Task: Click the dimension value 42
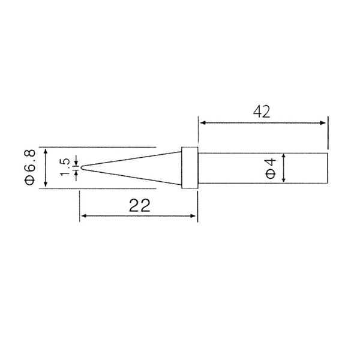coord(262,112)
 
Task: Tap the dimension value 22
coord(140,205)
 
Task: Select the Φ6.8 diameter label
coord(30,167)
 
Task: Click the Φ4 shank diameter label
coord(271,168)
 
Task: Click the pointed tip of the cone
coord(81,168)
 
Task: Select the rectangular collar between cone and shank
coord(190,168)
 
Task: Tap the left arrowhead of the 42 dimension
coord(203,123)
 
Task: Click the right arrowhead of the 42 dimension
coord(323,123)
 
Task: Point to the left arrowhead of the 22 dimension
coord(84,216)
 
